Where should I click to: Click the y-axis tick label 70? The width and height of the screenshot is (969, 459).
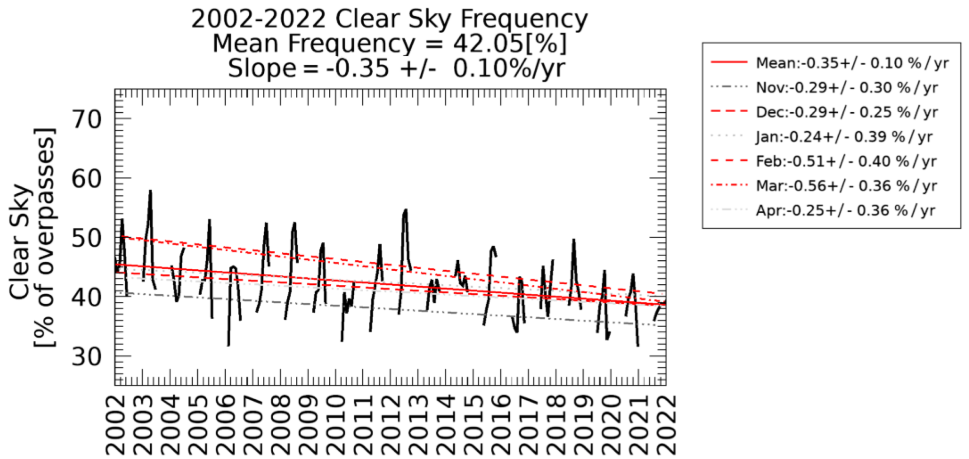pyautogui.click(x=86, y=120)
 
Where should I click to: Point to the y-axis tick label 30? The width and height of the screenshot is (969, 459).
pyautogui.click(x=86, y=357)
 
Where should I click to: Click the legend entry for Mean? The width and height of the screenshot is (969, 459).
pyautogui.click(x=852, y=63)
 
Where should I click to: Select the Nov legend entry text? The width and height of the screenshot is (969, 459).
pyautogui.click(x=846, y=87)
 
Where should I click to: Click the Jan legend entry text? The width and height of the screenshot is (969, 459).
pyautogui.click(x=844, y=137)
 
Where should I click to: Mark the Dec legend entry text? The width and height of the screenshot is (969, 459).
pyautogui.click(x=846, y=112)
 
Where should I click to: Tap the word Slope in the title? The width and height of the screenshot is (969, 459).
pyautogui.click(x=262, y=69)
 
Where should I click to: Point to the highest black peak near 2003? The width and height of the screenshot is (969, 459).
pyautogui.click(x=150, y=191)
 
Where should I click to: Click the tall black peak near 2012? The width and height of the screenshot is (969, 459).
pyautogui.click(x=405, y=210)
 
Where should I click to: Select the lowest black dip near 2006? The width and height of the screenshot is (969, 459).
pyautogui.click(x=228, y=345)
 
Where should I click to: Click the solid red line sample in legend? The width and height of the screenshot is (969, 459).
pyautogui.click(x=729, y=62)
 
